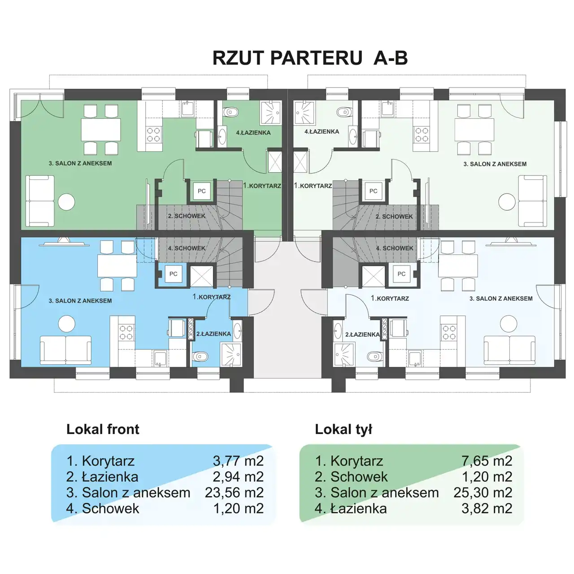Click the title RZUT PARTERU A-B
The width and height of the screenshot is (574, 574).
pyautogui.click(x=310, y=58)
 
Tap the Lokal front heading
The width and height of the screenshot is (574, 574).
pyautogui.click(x=103, y=429)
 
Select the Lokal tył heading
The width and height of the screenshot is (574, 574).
pyautogui.click(x=344, y=429)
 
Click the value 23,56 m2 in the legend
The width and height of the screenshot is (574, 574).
pyautogui.click(x=234, y=492)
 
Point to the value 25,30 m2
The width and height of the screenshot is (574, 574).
pyautogui.click(x=483, y=492)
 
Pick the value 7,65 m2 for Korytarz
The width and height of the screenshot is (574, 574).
pyautogui.click(x=487, y=461)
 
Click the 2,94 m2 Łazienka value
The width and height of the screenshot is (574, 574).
pyautogui.click(x=238, y=477)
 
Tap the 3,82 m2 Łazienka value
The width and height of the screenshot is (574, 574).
pyautogui.click(x=487, y=508)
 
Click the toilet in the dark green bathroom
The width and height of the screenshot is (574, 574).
pyautogui.click(x=231, y=112)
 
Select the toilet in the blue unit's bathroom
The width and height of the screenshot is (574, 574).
pyautogui.click(x=200, y=356)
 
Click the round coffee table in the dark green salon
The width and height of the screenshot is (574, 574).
pyautogui.click(x=66, y=202)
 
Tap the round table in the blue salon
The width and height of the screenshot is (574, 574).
pyautogui.click(x=66, y=324)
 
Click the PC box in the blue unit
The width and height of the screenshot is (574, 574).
pyautogui.click(x=174, y=274)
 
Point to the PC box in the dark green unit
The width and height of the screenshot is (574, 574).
pyautogui.click(x=202, y=191)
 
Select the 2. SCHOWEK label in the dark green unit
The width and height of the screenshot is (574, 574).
pyautogui.click(x=187, y=216)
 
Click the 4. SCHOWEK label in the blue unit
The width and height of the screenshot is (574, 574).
pyautogui.click(x=187, y=248)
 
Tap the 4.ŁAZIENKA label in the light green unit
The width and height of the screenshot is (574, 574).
pyautogui.click(x=322, y=131)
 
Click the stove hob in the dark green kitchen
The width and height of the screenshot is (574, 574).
pyautogui.click(x=153, y=134)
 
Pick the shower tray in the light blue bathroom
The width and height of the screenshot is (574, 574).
pyautogui.click(x=344, y=354)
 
